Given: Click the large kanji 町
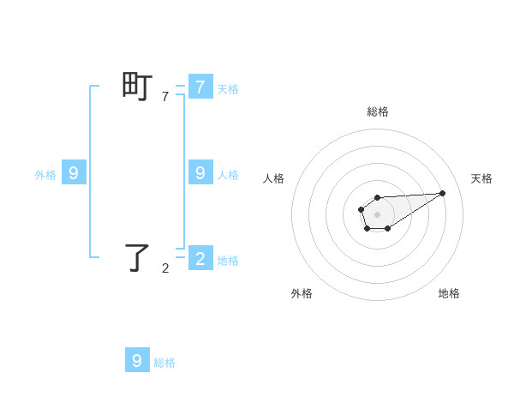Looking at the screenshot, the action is tap(138, 87).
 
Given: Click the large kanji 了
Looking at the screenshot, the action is tap(138, 257).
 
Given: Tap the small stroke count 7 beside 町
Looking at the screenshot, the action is tap(165, 97).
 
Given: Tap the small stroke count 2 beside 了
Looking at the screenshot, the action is tap(165, 268).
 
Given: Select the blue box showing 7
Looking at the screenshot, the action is tap(200, 87).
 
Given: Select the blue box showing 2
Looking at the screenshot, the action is tap(200, 257).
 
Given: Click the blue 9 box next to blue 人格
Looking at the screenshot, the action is tap(200, 172).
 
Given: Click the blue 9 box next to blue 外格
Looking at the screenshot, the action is tap(74, 172).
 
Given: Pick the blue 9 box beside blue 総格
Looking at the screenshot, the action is tap(137, 360).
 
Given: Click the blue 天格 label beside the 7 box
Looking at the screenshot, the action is tap(228, 89).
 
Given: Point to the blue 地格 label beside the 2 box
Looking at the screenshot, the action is tap(228, 261).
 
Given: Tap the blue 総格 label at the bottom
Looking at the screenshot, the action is tap(164, 363).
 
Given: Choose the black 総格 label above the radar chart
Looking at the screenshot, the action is tap(377, 111).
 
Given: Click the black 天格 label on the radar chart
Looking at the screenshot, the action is tap(481, 178).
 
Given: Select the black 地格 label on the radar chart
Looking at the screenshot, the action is tap(449, 293).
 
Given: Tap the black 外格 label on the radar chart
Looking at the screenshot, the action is tap(302, 293).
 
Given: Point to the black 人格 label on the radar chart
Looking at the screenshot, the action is tap(274, 178).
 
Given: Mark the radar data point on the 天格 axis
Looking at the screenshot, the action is tap(443, 193).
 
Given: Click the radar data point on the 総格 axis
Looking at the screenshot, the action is tap(377, 198).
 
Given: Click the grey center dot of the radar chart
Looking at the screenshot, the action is tap(377, 214).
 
